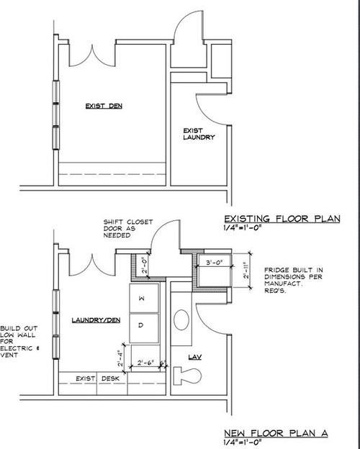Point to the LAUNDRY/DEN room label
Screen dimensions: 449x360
tap(94, 317)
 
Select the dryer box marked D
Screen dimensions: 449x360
tap(141, 326)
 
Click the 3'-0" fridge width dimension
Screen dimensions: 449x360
tap(216, 262)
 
